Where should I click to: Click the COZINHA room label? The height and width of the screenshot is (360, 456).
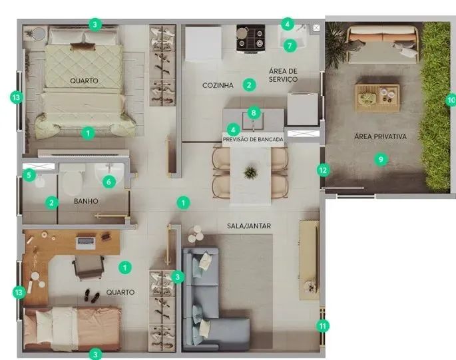[x=218, y=85]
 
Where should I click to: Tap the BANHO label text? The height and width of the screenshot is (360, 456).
[x=86, y=201]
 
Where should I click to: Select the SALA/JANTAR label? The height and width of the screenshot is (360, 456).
[x=249, y=226]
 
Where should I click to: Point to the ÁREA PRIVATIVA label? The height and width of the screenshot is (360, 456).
[x=380, y=136]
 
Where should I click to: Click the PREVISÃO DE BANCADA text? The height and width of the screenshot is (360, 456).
[x=253, y=140]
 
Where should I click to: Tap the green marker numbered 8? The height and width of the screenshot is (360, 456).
[x=254, y=112]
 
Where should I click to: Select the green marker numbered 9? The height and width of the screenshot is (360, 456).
[x=381, y=159]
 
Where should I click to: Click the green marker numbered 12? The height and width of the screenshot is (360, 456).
[x=323, y=170]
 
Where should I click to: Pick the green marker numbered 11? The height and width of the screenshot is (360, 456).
[x=323, y=326]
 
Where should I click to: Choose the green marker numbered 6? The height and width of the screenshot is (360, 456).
[x=109, y=182]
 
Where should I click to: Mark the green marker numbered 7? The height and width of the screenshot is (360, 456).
[x=290, y=46]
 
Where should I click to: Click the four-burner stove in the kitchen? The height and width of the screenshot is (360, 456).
[x=251, y=39]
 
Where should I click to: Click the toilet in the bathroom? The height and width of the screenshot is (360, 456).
[x=71, y=180]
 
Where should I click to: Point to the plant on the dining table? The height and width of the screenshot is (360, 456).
[x=250, y=172]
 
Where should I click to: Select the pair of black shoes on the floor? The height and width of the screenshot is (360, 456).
[x=92, y=296]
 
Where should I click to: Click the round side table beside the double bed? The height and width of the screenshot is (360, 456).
[x=39, y=34]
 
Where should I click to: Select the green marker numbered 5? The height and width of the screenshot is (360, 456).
[x=29, y=176]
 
